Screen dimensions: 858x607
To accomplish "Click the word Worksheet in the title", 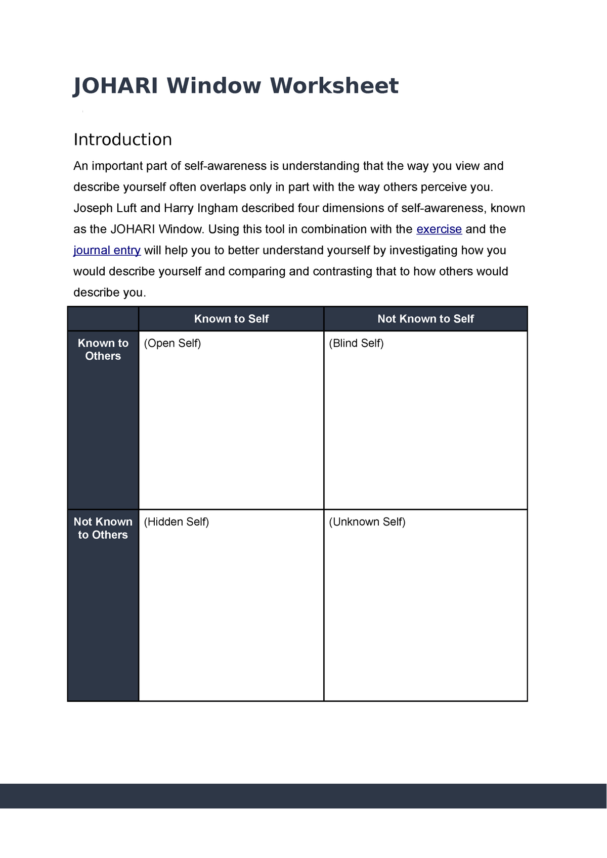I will coord(334,86).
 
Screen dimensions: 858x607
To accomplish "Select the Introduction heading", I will coord(122,139).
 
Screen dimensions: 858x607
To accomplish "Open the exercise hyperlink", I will coord(439,229).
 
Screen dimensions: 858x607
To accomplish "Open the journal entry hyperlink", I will coord(107,251).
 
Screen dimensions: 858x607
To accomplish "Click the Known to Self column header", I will coord(231,319).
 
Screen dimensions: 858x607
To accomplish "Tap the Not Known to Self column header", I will coord(425,319).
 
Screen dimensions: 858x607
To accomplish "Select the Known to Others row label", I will coord(103,350).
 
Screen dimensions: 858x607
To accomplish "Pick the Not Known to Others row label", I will coord(103,528).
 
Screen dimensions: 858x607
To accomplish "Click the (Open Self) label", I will coord(172,344).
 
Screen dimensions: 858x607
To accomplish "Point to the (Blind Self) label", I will coord(356,344).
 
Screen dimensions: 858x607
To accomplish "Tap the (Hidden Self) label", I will coord(176,522).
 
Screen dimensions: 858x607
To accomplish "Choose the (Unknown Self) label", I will coord(367,522).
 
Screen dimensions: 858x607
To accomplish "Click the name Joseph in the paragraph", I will coord(91,208).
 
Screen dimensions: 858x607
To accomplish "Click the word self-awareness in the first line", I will coord(225,166).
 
